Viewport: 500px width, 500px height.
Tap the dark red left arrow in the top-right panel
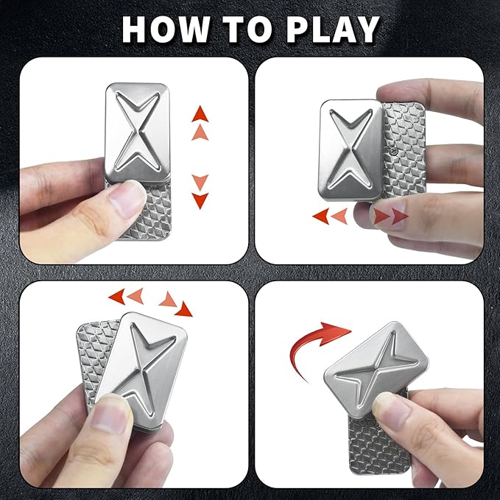(x=320, y=216)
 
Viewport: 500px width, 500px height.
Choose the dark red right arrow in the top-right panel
(x=398, y=216)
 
